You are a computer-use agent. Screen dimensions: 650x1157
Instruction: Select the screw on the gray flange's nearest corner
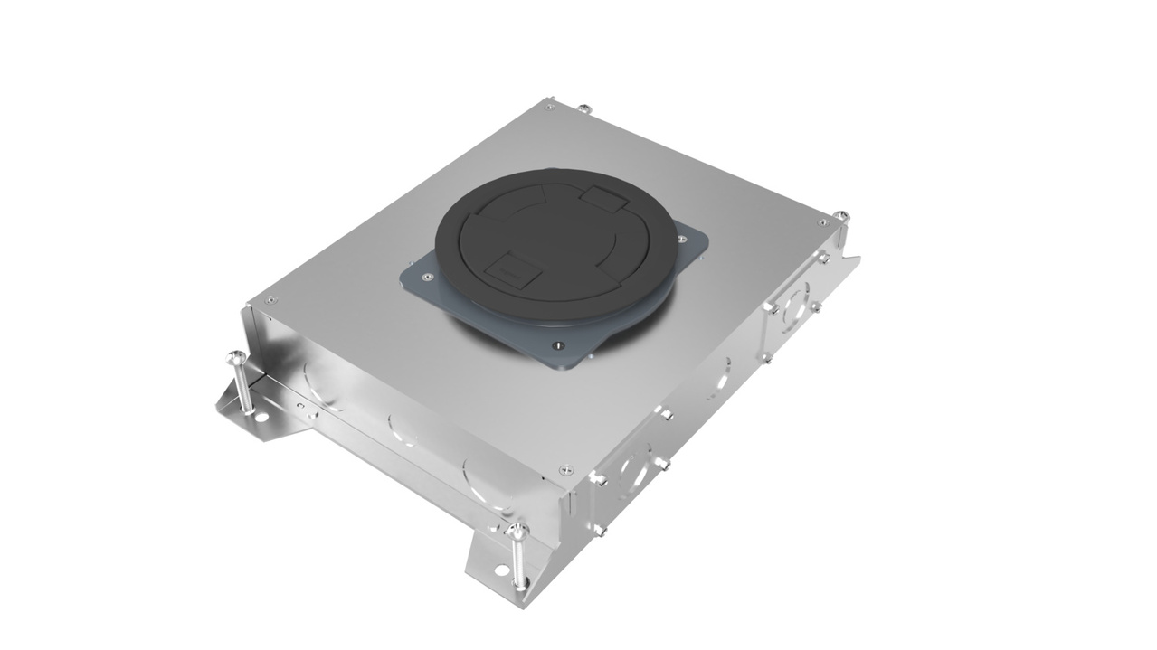pyautogui.click(x=558, y=344)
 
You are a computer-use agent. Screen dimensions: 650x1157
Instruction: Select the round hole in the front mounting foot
pyautogui.click(x=500, y=571)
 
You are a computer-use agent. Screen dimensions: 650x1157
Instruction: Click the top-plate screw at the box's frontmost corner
pyautogui.click(x=566, y=469)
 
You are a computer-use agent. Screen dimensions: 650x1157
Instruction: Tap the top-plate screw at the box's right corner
pyautogui.click(x=822, y=223)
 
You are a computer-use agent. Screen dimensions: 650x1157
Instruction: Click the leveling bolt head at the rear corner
pyautogui.click(x=583, y=108)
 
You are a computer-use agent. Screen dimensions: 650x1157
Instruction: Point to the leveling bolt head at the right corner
pyautogui.click(x=842, y=215)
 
